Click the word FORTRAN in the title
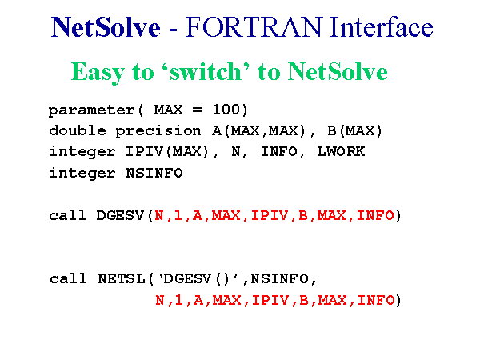(x=254, y=27)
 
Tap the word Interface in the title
(x=382, y=27)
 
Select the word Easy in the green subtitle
(x=98, y=73)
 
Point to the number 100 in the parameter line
(x=226, y=110)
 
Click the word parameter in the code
(x=91, y=110)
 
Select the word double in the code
(x=78, y=130)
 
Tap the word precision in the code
(x=158, y=131)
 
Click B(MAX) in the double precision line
(x=354, y=130)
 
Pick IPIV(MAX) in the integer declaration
(x=167, y=151)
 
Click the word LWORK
(x=341, y=151)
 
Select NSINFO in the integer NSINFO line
(x=154, y=173)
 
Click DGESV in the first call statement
(x=120, y=215)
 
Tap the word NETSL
(x=122, y=279)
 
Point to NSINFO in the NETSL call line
(x=279, y=279)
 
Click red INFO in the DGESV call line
(x=375, y=215)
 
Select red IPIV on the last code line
(x=270, y=300)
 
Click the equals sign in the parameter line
(x=197, y=110)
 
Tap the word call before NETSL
(x=68, y=279)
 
